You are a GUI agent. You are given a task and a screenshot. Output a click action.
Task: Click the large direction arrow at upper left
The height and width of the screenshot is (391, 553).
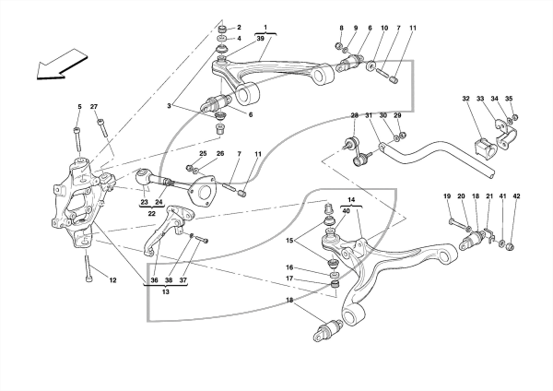pyautogui.click(x=62, y=65)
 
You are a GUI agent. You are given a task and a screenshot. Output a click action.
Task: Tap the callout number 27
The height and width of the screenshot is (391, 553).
pyautogui.click(x=94, y=107)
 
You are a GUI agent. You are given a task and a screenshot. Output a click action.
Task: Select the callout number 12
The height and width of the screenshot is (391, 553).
pyautogui.click(x=112, y=280)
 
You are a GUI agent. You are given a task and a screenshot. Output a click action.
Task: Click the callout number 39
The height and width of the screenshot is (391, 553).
pyautogui.click(x=260, y=39)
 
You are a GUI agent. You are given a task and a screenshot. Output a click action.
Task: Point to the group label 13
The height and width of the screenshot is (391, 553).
pyautogui.click(x=165, y=291)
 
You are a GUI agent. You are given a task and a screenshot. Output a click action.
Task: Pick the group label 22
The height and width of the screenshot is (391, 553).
pyautogui.click(x=152, y=214)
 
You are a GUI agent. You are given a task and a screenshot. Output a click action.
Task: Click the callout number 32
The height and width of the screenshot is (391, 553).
pyautogui.click(x=465, y=99)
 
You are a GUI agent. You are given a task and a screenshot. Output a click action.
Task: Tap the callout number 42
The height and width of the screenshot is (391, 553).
pyautogui.click(x=516, y=195)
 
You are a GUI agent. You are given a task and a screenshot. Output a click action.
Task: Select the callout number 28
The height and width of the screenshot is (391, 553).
pyautogui.click(x=355, y=115)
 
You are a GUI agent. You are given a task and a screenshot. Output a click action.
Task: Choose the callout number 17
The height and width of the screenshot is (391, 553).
pyautogui.click(x=289, y=278)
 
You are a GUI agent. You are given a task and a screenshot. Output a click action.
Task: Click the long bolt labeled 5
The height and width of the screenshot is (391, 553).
pyautogui.click(x=78, y=143)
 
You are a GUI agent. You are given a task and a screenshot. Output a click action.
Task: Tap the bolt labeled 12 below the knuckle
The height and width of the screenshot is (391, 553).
pyautogui.click(x=88, y=267)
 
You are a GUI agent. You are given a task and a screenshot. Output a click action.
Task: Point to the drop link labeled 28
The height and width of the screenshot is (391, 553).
pyautogui.click(x=358, y=152)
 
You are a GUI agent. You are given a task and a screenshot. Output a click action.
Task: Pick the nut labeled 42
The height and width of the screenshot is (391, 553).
pyautogui.click(x=510, y=246)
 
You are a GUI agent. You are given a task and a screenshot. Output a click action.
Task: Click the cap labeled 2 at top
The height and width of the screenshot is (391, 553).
pyautogui.click(x=222, y=29)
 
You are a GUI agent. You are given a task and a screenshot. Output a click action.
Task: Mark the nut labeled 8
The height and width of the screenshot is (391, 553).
pyautogui.click(x=337, y=45)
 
